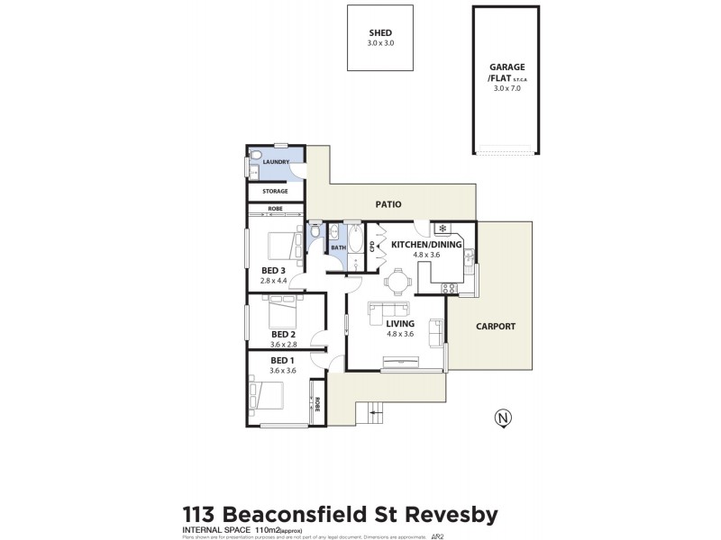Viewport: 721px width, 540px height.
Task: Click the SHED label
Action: tap(381, 32)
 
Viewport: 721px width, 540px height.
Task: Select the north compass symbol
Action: tap(501, 417)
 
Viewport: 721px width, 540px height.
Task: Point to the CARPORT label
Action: tap(495, 326)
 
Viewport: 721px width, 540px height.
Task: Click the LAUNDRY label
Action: tap(276, 162)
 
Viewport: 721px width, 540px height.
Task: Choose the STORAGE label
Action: tap(275, 191)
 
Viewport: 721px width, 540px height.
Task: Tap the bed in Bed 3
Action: tap(284, 244)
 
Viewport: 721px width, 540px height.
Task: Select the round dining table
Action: tap(397, 282)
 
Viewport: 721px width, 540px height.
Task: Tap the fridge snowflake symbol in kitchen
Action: tap(442, 229)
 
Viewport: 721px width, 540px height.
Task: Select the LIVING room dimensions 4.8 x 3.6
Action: tap(400, 334)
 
